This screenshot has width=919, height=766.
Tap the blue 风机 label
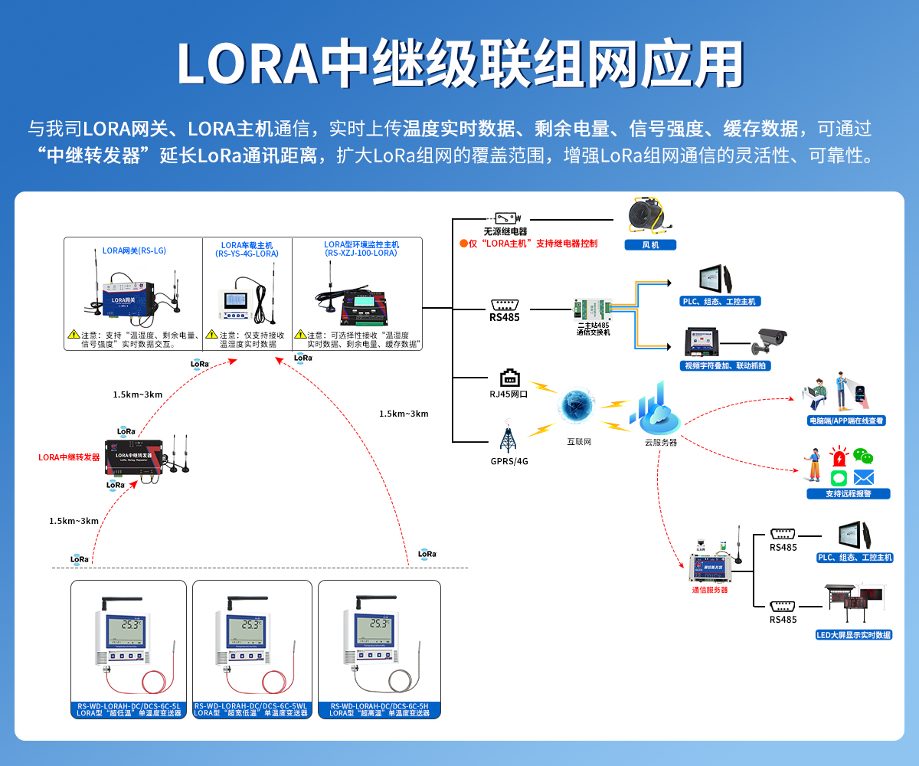pyautogui.click(x=649, y=245)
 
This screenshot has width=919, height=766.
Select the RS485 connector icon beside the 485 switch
pyautogui.click(x=505, y=303)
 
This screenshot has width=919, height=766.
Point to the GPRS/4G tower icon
pyautogui.click(x=507, y=437)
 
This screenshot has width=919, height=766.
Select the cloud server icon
pyautogui.click(x=655, y=411)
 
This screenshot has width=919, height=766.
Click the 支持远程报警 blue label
pyautogui.click(x=848, y=494)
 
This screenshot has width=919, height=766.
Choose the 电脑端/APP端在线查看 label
pyautogui.click(x=846, y=421)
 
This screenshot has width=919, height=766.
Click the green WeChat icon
pyautogui.click(x=863, y=457)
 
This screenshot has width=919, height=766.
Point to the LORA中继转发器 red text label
pyautogui.click(x=70, y=457)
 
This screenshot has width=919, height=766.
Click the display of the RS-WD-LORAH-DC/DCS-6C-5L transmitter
pyautogui.click(x=127, y=627)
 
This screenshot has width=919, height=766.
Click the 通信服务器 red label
pyautogui.click(x=710, y=590)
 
